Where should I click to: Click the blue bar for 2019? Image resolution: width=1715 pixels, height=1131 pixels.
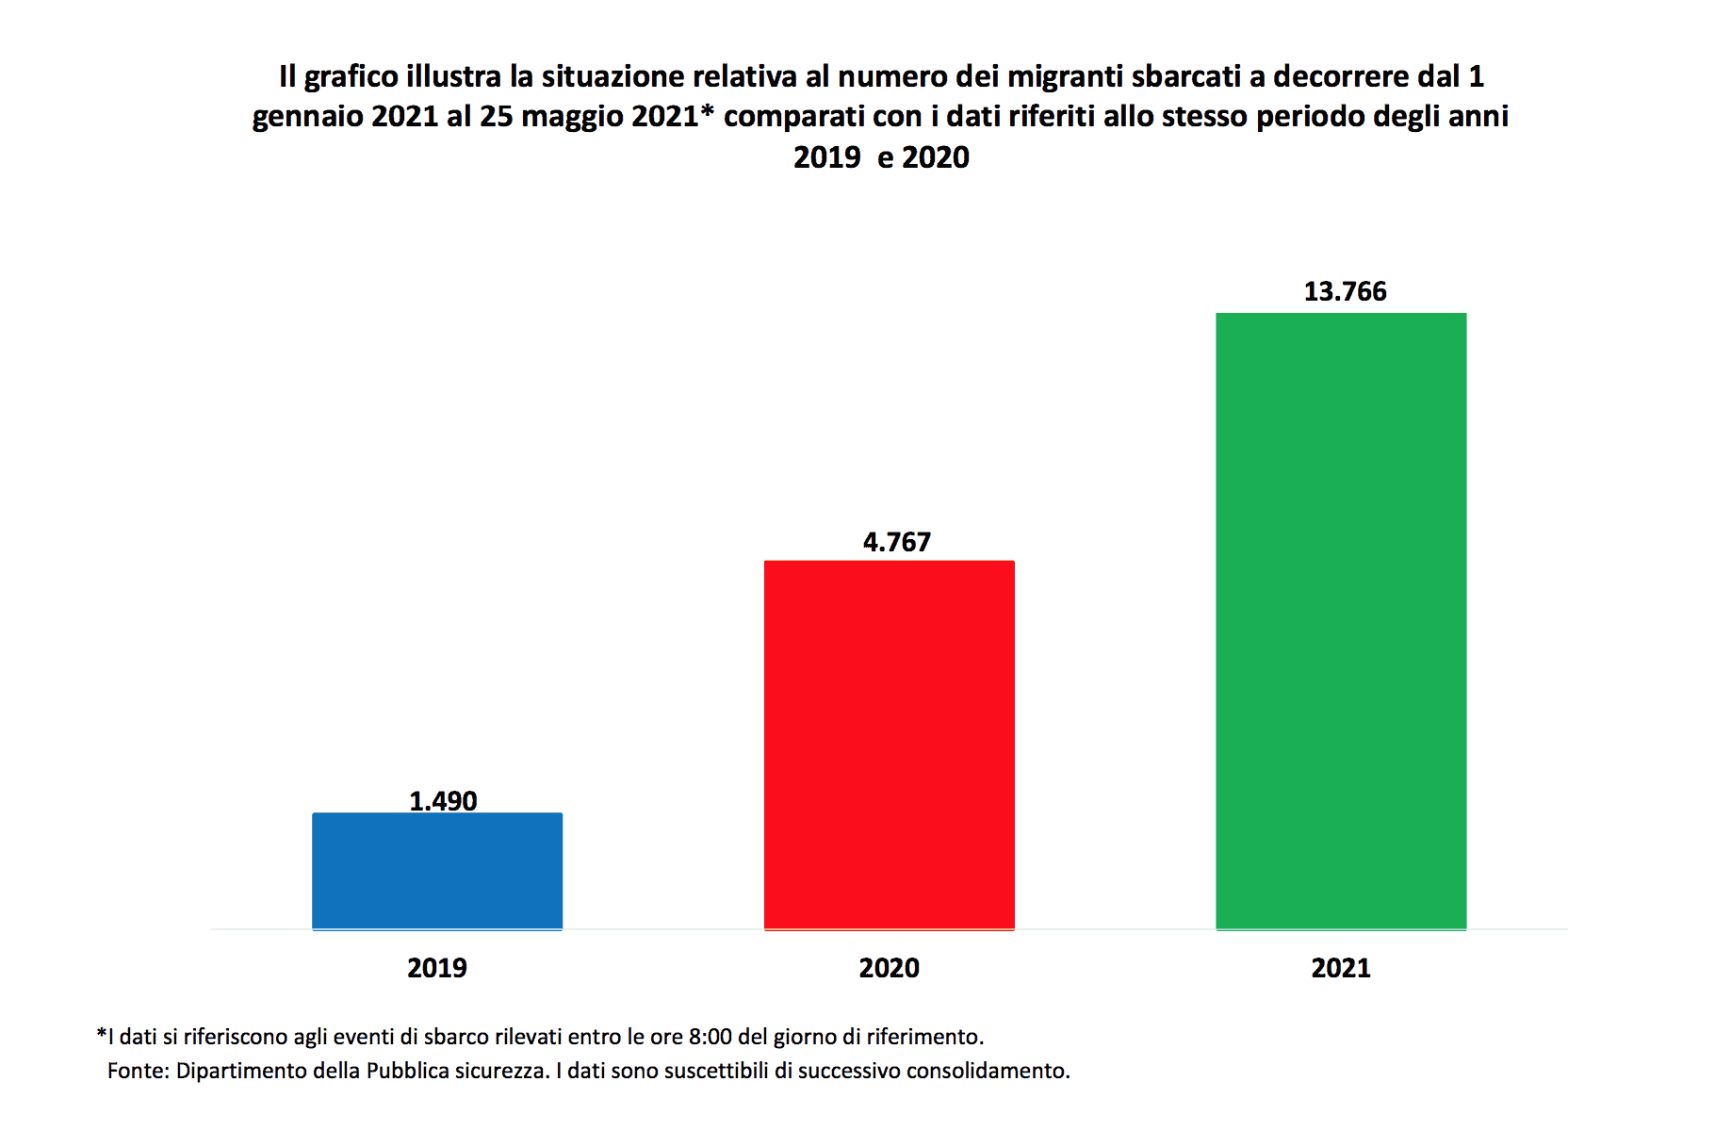pos(437,871)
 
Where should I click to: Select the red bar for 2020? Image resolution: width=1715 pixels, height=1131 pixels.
pos(889,745)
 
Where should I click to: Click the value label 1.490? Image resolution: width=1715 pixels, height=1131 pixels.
pos(443,801)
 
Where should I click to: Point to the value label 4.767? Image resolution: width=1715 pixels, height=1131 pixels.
pos(896,542)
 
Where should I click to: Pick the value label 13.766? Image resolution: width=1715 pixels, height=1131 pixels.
pos(1345,291)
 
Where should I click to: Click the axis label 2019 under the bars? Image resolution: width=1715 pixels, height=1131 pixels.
pos(436,968)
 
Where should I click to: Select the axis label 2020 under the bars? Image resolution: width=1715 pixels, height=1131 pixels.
pos(889,968)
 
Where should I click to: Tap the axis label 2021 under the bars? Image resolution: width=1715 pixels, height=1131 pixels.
pos(1340,968)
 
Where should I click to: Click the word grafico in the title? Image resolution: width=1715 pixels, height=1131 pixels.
pos(351,76)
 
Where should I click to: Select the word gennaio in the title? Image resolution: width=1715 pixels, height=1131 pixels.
pos(307,117)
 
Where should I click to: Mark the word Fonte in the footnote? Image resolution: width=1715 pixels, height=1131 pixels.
pos(138,1071)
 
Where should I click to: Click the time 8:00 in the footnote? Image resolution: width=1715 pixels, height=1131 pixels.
pos(710,1037)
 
